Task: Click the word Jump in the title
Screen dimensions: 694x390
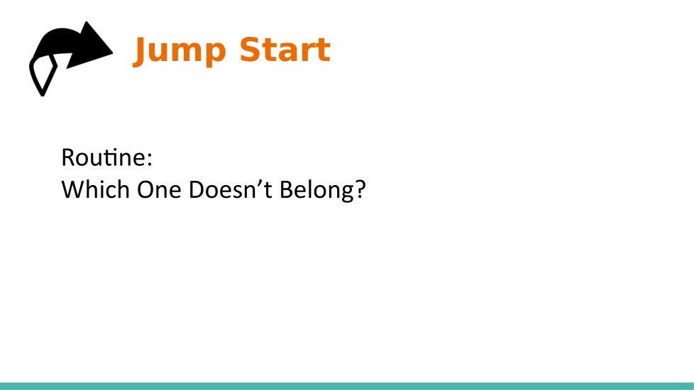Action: coord(180,51)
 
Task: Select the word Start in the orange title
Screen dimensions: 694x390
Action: coord(285,50)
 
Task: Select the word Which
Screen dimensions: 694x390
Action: coord(95,190)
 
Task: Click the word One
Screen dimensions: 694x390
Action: coord(160,190)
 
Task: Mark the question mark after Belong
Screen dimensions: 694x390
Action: coord(360,190)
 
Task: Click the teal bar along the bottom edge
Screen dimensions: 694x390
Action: coord(347,386)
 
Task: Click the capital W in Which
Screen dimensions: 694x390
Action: coord(74,190)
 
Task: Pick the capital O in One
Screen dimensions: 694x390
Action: coord(145,190)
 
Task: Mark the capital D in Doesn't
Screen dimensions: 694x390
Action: coord(197,190)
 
